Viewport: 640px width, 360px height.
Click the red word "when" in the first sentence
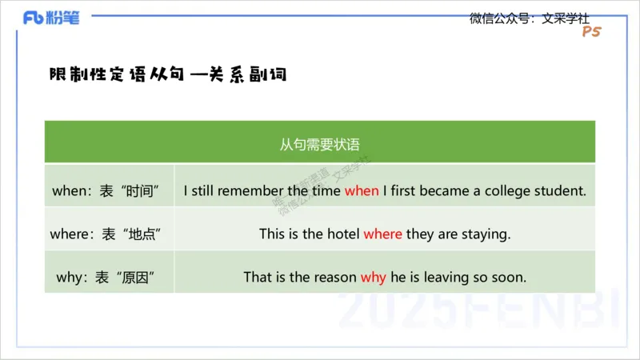point(362,191)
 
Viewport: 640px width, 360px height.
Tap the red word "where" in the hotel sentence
point(382,234)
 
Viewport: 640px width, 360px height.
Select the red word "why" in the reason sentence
point(373,278)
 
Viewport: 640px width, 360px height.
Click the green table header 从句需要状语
point(319,145)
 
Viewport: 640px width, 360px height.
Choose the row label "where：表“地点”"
point(110,234)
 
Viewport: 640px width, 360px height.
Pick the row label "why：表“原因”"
point(110,278)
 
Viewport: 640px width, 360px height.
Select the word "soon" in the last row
point(510,278)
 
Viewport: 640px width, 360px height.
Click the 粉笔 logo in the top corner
point(52,18)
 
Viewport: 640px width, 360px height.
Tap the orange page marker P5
point(591,32)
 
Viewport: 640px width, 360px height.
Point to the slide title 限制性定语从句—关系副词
point(167,74)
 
